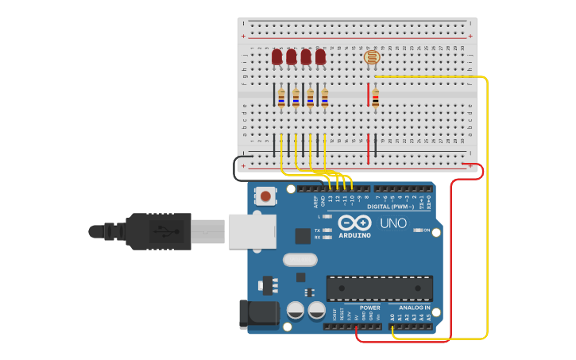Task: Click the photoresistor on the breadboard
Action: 372,56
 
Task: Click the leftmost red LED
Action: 276,57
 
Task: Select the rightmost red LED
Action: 320,57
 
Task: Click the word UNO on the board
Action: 393,223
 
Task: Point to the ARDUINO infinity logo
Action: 354,223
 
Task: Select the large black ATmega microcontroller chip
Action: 380,288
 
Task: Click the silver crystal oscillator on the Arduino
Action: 300,259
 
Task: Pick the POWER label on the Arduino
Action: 370,308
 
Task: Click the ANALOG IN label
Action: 415,308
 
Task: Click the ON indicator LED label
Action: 426,230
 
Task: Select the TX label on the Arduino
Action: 317,230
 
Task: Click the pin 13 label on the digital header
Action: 331,199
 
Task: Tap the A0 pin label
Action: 392,316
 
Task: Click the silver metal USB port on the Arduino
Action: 252,231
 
